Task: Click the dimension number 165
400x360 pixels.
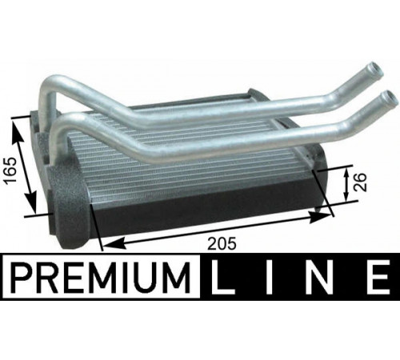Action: tap(10, 170)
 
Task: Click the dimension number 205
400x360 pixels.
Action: tap(222, 243)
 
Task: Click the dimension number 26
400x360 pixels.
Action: tap(361, 182)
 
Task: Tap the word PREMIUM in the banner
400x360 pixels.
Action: tap(101, 277)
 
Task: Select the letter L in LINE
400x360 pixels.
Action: tap(223, 277)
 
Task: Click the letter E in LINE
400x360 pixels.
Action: tap(376, 277)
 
